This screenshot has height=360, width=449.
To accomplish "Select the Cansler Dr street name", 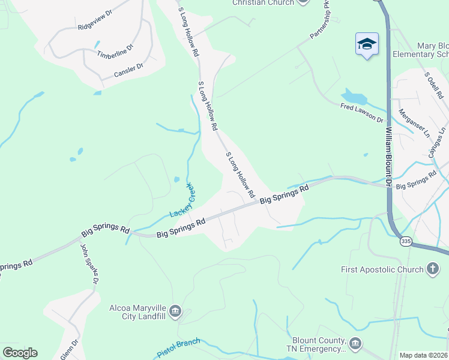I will [x=128, y=70].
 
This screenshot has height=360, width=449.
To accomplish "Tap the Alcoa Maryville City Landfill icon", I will [x=175, y=310].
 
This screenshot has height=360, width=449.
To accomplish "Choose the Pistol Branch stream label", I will [x=178, y=347].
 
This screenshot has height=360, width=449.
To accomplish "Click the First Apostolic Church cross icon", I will [x=433, y=269].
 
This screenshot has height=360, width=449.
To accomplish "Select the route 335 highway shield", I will [x=406, y=241].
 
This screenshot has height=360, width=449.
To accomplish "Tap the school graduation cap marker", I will [x=367, y=44].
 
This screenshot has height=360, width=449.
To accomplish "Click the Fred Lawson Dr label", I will [x=361, y=112].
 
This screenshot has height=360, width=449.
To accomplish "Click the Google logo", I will [x=20, y=353].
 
